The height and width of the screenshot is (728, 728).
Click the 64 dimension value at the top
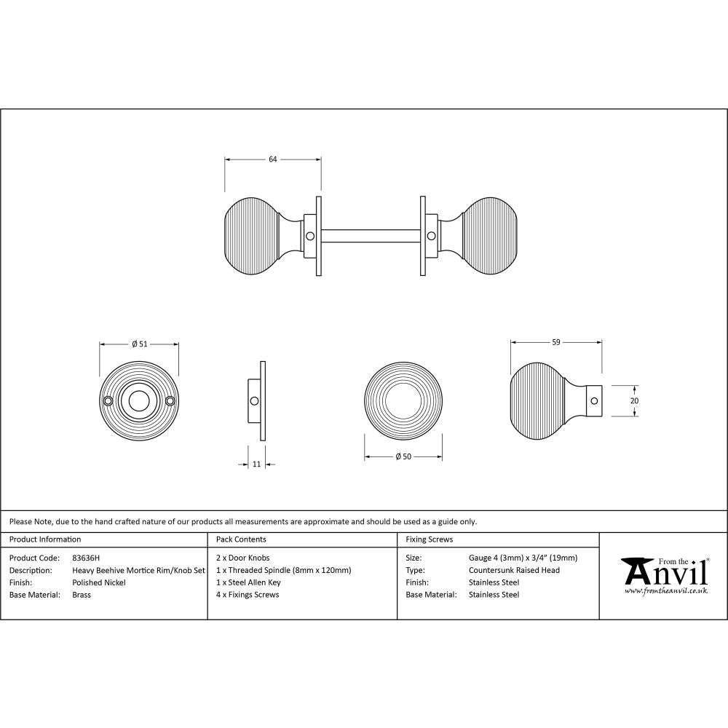273,159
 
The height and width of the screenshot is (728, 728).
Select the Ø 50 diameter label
403,456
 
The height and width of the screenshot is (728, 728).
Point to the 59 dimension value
556,341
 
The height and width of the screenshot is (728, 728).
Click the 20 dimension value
633,400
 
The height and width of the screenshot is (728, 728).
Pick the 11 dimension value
256,464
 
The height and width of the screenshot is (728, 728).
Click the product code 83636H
86,558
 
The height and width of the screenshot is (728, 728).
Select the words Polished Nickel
99,582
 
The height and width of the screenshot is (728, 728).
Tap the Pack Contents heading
241,539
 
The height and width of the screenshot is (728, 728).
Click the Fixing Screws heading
429,539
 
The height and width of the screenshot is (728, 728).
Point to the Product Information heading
45,539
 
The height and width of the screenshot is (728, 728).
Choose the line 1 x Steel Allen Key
248,582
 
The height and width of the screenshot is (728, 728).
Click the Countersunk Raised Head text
514,571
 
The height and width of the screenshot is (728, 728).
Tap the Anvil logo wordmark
664,572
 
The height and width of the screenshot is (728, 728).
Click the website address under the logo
666,591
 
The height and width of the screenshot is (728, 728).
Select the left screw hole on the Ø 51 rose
108,401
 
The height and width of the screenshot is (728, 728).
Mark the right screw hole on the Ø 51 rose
170,401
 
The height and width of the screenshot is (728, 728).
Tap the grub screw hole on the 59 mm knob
594,400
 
